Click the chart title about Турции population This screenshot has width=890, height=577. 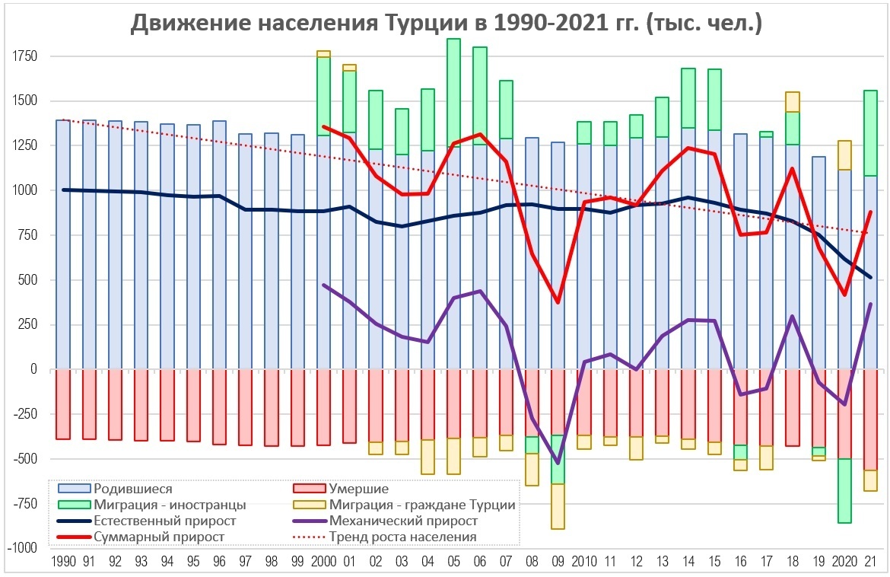(447, 24)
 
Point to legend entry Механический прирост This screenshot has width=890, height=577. (404, 521)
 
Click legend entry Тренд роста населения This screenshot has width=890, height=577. (403, 537)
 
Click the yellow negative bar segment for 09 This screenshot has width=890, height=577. (558, 506)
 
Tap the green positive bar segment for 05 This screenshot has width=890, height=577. (453, 91)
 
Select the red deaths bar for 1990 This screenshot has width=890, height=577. (63, 403)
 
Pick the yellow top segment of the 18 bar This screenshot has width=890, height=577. (793, 102)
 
